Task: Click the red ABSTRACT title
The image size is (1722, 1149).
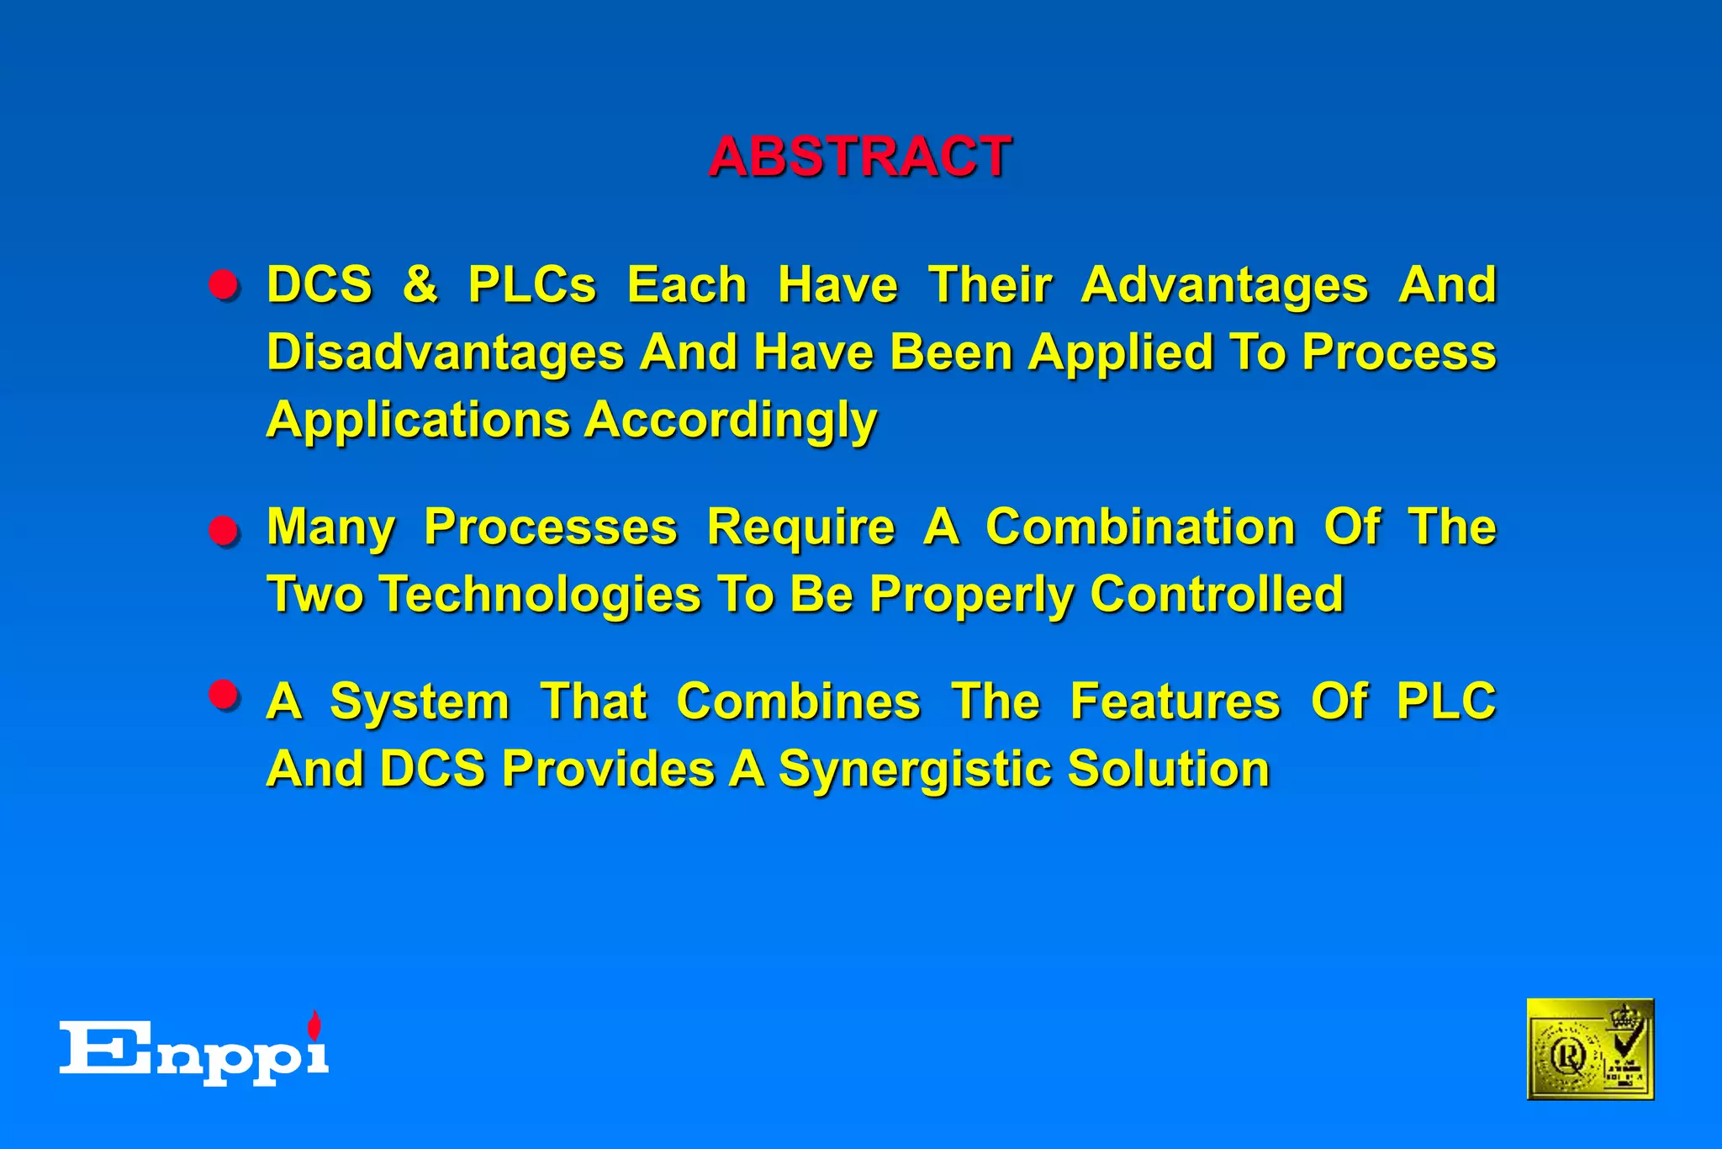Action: pyautogui.click(x=859, y=156)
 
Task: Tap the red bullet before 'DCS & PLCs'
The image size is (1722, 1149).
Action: pyautogui.click(x=224, y=285)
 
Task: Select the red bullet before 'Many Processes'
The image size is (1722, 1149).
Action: pyautogui.click(x=224, y=531)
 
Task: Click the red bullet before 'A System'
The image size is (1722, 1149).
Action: pyautogui.click(x=224, y=695)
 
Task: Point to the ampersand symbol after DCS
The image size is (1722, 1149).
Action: pyautogui.click(x=420, y=284)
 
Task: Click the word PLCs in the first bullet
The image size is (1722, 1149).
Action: pyautogui.click(x=531, y=284)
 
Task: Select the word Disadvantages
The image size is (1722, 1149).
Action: pyautogui.click(x=445, y=352)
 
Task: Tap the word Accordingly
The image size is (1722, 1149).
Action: pyautogui.click(x=730, y=421)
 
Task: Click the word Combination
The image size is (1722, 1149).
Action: pyautogui.click(x=1139, y=527)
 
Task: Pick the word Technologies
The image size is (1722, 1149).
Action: pyautogui.click(x=539, y=595)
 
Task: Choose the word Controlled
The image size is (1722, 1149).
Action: pyautogui.click(x=1216, y=595)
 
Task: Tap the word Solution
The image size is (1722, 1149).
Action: pyautogui.click(x=1168, y=770)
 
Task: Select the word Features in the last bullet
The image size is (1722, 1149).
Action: pyautogui.click(x=1175, y=702)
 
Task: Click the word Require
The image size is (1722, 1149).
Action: pyautogui.click(x=800, y=527)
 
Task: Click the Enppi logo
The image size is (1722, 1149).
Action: pyautogui.click(x=193, y=1051)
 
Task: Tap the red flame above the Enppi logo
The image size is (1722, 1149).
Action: pyautogui.click(x=314, y=1025)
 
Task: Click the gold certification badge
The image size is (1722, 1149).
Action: pyautogui.click(x=1589, y=1049)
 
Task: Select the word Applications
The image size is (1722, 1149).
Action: pyautogui.click(x=418, y=421)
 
